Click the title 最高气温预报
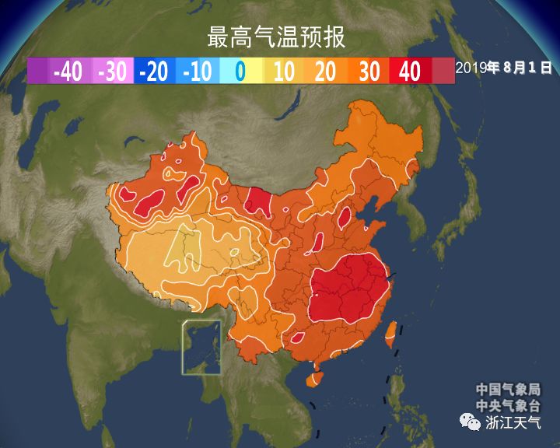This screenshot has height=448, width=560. click(x=276, y=37)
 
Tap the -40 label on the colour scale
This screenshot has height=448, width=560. click(x=68, y=72)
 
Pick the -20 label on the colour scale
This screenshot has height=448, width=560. click(x=154, y=72)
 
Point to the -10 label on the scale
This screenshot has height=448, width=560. click(x=198, y=72)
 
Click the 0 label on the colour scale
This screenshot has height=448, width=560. click(x=240, y=72)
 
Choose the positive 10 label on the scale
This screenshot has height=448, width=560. click(x=283, y=72)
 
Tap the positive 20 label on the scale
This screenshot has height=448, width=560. click(x=326, y=72)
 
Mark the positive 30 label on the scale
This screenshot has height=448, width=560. click(x=369, y=72)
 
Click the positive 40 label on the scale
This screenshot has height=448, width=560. click(x=409, y=72)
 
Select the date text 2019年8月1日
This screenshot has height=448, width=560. click(x=504, y=68)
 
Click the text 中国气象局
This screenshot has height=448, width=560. click(x=509, y=390)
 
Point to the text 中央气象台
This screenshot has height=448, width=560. click(x=509, y=405)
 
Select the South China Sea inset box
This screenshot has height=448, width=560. click(x=201, y=347)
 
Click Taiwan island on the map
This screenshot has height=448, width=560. click(x=392, y=333)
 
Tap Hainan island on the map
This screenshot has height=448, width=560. click(x=313, y=380)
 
